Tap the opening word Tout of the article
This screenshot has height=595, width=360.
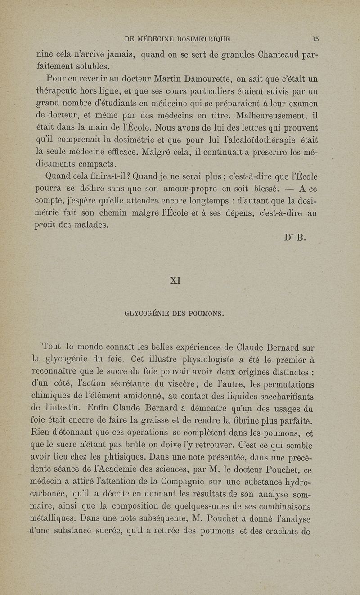[x=51, y=348]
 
